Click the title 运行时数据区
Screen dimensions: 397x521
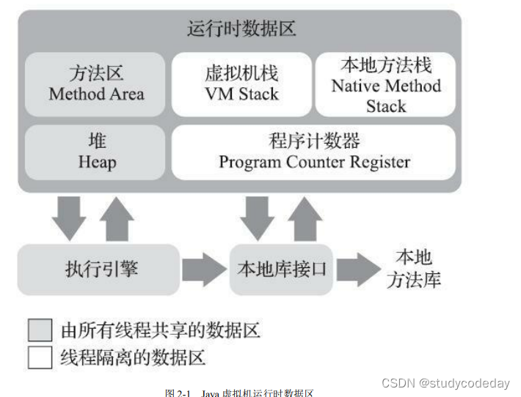tap(241, 30)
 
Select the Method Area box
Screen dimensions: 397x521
tap(96, 84)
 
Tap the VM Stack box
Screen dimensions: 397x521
tap(241, 84)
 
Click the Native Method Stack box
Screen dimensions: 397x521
tap(386, 84)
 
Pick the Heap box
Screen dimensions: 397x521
tap(96, 152)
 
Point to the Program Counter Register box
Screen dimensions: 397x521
tap(313, 152)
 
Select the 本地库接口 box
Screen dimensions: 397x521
tap(281, 269)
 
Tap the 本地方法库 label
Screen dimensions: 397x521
tap(414, 268)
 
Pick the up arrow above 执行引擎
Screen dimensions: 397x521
tap(117, 219)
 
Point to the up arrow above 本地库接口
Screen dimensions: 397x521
tap(305, 219)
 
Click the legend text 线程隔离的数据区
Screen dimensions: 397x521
tap(132, 357)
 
